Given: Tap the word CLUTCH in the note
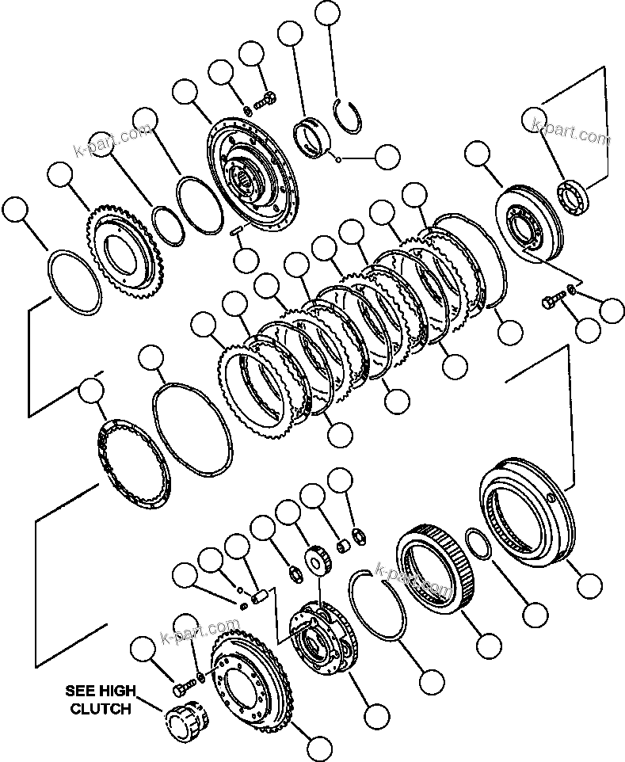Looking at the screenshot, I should pos(101,709).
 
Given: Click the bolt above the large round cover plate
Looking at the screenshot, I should pos(266,100).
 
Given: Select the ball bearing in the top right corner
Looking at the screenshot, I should pos(574,196).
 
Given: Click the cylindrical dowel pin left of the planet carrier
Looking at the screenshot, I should pos(260,595).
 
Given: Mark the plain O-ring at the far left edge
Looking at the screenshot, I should pos(76,282).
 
